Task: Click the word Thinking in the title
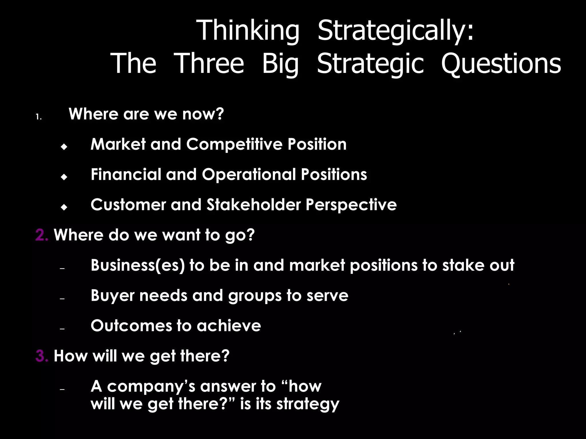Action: [x=248, y=31]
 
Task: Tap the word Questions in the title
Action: [x=501, y=64]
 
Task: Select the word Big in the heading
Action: [x=280, y=64]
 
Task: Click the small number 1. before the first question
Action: [x=39, y=117]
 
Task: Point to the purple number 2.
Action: [x=42, y=235]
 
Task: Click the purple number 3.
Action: [x=42, y=356]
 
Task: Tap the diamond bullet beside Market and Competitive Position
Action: [x=64, y=147]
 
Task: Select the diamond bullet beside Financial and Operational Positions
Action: [x=64, y=177]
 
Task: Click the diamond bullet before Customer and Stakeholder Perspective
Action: [x=64, y=207]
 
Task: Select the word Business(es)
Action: [x=137, y=265]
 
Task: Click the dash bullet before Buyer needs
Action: [x=62, y=299]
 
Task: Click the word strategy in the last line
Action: [x=308, y=404]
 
